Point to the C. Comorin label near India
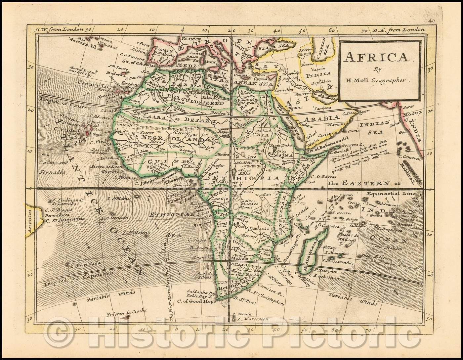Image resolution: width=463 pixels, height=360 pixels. coord(410,157)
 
